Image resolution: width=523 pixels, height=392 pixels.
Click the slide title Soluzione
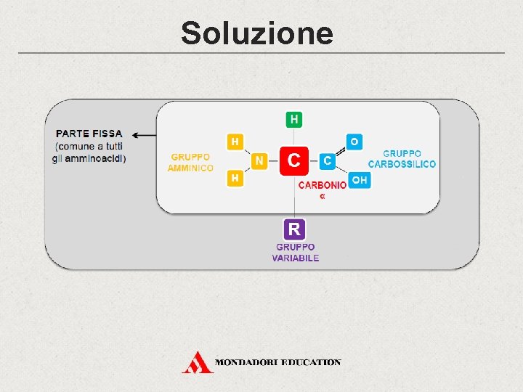point(257,33)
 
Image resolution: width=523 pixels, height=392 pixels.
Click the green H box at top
point(293,118)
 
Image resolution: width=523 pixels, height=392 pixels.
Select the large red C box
point(293,160)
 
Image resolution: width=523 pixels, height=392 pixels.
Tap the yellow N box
point(259,160)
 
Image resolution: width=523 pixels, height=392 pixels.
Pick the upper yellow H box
point(235,142)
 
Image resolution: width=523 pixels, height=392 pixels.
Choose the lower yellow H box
point(235,178)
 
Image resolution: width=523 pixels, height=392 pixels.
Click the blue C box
point(328,160)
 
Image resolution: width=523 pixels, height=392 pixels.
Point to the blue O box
point(354,141)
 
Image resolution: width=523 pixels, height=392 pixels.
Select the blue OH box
point(359,179)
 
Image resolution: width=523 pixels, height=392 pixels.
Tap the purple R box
point(293,229)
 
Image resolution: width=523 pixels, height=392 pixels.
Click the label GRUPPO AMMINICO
point(190,163)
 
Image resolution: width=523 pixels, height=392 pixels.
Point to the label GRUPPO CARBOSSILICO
point(402,159)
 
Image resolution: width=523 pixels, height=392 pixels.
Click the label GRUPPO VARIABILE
point(296,253)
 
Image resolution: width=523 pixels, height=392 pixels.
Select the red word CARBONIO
point(323,185)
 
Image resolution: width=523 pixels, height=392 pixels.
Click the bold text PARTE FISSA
point(89,134)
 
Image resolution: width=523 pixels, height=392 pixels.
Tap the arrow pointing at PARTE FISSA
point(146,134)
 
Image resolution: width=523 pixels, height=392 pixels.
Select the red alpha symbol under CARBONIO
point(323,196)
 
